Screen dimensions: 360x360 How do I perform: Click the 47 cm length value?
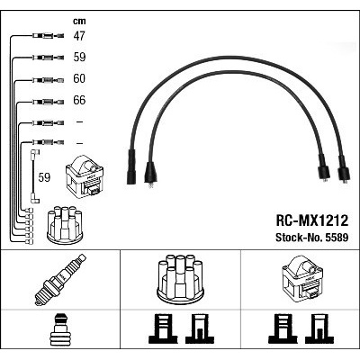(79, 36)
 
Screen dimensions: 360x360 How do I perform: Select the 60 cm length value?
(79, 78)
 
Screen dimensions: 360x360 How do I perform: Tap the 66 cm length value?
(79, 100)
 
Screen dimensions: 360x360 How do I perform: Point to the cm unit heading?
(79, 21)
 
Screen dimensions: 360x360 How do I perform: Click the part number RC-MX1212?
(312, 220)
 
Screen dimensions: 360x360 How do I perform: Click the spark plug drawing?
(60, 279)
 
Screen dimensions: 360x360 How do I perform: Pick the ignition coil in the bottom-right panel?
(302, 280)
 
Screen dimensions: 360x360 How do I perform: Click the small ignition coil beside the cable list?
(85, 176)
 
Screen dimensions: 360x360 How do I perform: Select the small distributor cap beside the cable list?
(65, 224)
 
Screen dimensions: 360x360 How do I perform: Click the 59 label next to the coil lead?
(44, 177)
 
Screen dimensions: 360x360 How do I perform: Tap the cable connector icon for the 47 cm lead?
(49, 36)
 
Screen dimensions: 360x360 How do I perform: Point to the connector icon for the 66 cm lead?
(49, 102)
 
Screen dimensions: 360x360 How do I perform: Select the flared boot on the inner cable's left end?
(149, 174)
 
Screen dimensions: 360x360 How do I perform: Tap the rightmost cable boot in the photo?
(344, 171)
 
